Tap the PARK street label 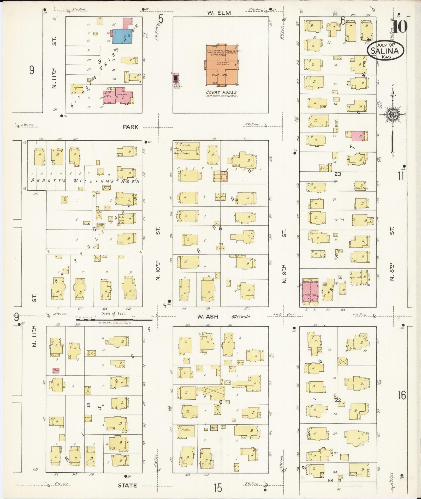tap(131, 127)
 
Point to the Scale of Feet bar tap(115, 320)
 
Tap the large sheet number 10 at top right tap(400, 26)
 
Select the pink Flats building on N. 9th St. tap(310, 292)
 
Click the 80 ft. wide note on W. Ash tap(241, 317)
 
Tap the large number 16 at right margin tap(402, 395)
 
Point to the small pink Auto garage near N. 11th tap(56, 370)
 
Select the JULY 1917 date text tap(386, 45)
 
